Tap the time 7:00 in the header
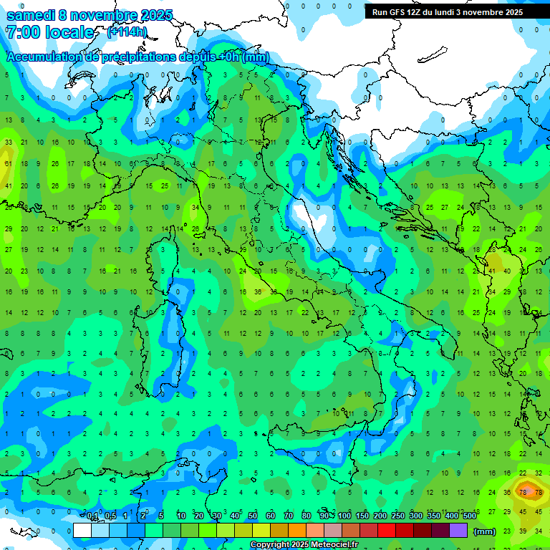(21, 33)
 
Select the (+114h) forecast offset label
(127, 32)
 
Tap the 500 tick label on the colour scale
(469, 516)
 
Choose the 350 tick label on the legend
(433, 516)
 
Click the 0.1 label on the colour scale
(92, 516)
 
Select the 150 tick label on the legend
(362, 516)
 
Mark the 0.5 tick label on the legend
(110, 516)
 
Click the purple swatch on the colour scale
(459, 531)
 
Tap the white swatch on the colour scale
(82, 531)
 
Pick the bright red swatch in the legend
(387, 531)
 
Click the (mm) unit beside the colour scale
(485, 531)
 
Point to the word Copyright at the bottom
(269, 545)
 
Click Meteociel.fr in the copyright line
(335, 545)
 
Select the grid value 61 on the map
(9, 164)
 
